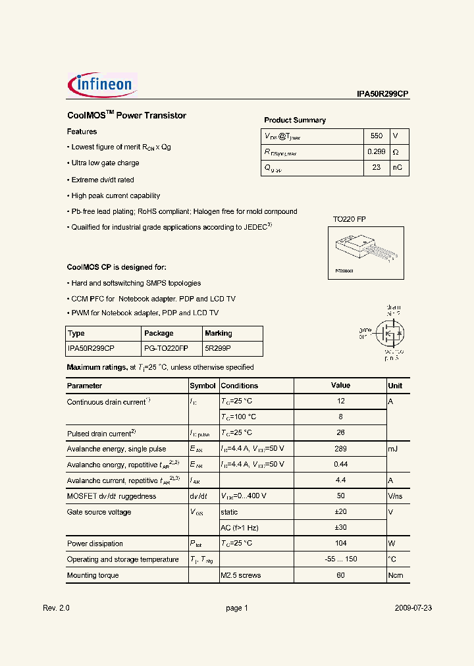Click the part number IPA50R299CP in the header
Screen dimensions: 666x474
[x=382, y=94]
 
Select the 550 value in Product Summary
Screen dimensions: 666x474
[x=376, y=136]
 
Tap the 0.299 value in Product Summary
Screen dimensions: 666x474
[x=376, y=152]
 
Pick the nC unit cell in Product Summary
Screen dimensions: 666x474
[x=398, y=168]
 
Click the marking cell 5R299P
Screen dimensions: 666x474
[x=218, y=348]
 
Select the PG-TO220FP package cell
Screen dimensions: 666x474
[x=166, y=348]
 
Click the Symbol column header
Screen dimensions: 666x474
[x=203, y=386]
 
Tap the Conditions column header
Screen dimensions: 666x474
[x=239, y=386]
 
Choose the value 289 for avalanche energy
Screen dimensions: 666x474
[x=340, y=448]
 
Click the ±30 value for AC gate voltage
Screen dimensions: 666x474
[x=340, y=528]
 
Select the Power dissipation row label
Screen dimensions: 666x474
[x=95, y=544]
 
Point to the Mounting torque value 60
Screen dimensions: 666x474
[x=340, y=575]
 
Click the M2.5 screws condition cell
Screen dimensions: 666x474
[x=241, y=575]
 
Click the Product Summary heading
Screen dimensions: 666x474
[x=294, y=120]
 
